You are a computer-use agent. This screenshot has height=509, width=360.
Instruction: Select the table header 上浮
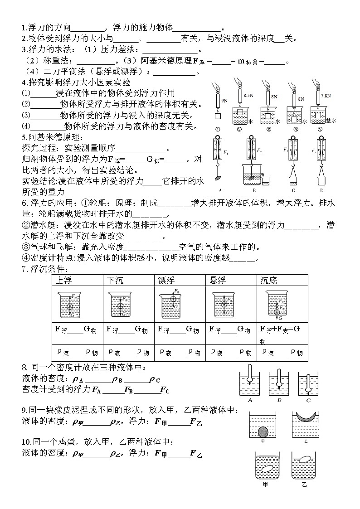63,280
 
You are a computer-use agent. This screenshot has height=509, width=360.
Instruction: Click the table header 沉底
268,280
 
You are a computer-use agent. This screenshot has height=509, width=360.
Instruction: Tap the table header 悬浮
217,280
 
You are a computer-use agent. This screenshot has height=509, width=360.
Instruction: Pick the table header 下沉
115,280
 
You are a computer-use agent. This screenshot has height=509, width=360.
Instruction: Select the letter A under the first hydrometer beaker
250,400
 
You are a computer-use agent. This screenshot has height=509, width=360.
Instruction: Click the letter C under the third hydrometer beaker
308,400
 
